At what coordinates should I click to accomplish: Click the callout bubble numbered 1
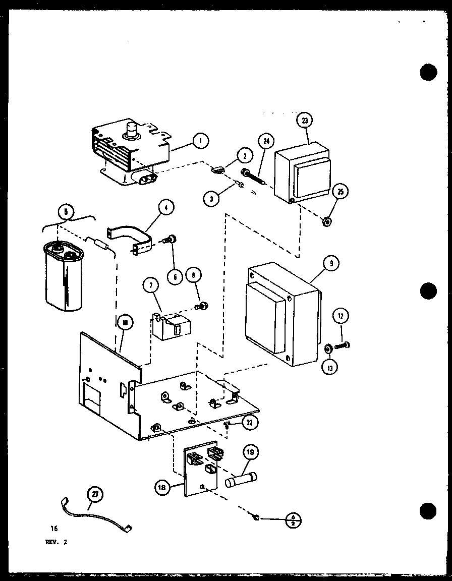point(201,141)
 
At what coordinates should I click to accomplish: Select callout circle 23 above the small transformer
point(305,121)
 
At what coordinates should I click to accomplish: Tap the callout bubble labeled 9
point(331,263)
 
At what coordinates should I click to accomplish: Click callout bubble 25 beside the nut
point(341,192)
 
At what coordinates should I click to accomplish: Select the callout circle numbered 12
point(341,317)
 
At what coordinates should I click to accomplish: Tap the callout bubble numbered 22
point(249,423)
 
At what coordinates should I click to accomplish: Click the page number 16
point(54,529)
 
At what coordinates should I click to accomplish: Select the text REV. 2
point(55,543)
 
